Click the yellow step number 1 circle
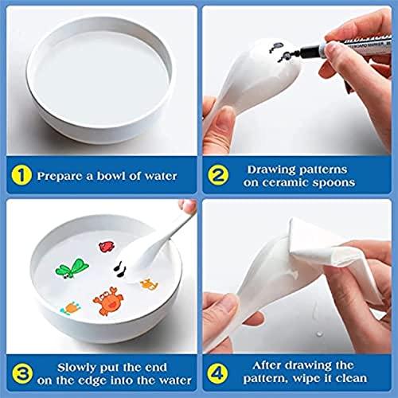pos(21,175)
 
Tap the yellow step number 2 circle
pos(218,175)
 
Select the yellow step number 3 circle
pos(22,373)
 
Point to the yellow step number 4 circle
pos(217,373)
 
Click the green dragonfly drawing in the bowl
pos(72,268)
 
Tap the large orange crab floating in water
pos(108,301)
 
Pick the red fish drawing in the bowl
pos(107,247)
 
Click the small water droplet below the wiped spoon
pos(320,334)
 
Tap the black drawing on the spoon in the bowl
pos(120,269)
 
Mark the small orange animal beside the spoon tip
pos(150,284)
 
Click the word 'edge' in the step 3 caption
pos(92,381)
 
